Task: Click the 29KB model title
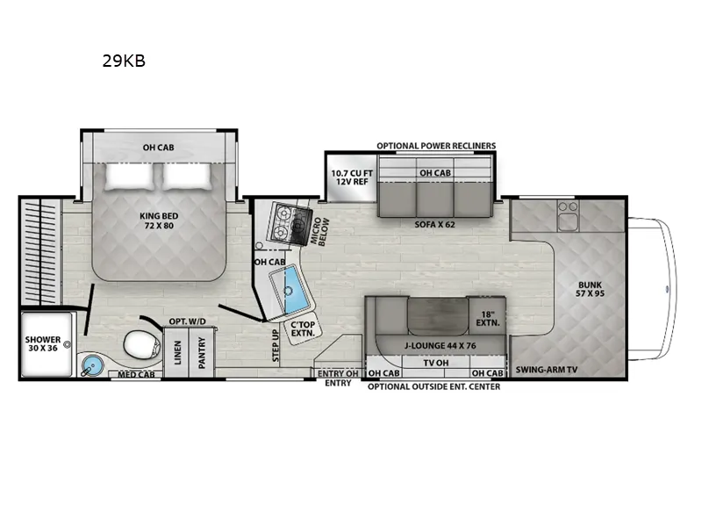point(124,61)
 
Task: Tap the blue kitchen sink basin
point(295,290)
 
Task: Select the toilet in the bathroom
point(142,345)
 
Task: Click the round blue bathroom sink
point(93,364)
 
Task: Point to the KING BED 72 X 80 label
point(159,220)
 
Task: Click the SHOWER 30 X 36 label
point(43,343)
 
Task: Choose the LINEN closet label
point(178,352)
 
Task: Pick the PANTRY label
point(202,353)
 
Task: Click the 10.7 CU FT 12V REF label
point(352,177)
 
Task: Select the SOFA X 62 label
point(434,224)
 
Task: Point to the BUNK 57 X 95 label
point(590,289)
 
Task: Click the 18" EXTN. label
point(488,318)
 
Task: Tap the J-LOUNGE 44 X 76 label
point(441,345)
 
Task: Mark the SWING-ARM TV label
point(546,370)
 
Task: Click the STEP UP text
point(276,345)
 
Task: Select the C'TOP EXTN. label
point(303,328)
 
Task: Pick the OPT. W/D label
point(187,321)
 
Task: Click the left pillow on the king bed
point(130,177)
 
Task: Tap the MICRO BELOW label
point(320,231)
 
